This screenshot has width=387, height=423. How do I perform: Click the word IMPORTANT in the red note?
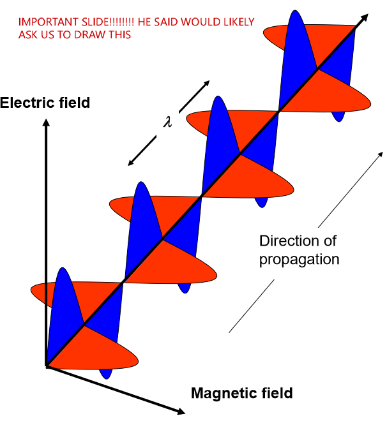tap(45, 22)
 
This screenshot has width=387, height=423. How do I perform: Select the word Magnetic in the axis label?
tap(219, 393)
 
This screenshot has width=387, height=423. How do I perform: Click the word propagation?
tap(299, 260)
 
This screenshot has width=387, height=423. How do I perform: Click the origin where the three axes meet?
tap(47, 366)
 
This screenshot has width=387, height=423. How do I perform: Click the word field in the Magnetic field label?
tap(275, 393)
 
